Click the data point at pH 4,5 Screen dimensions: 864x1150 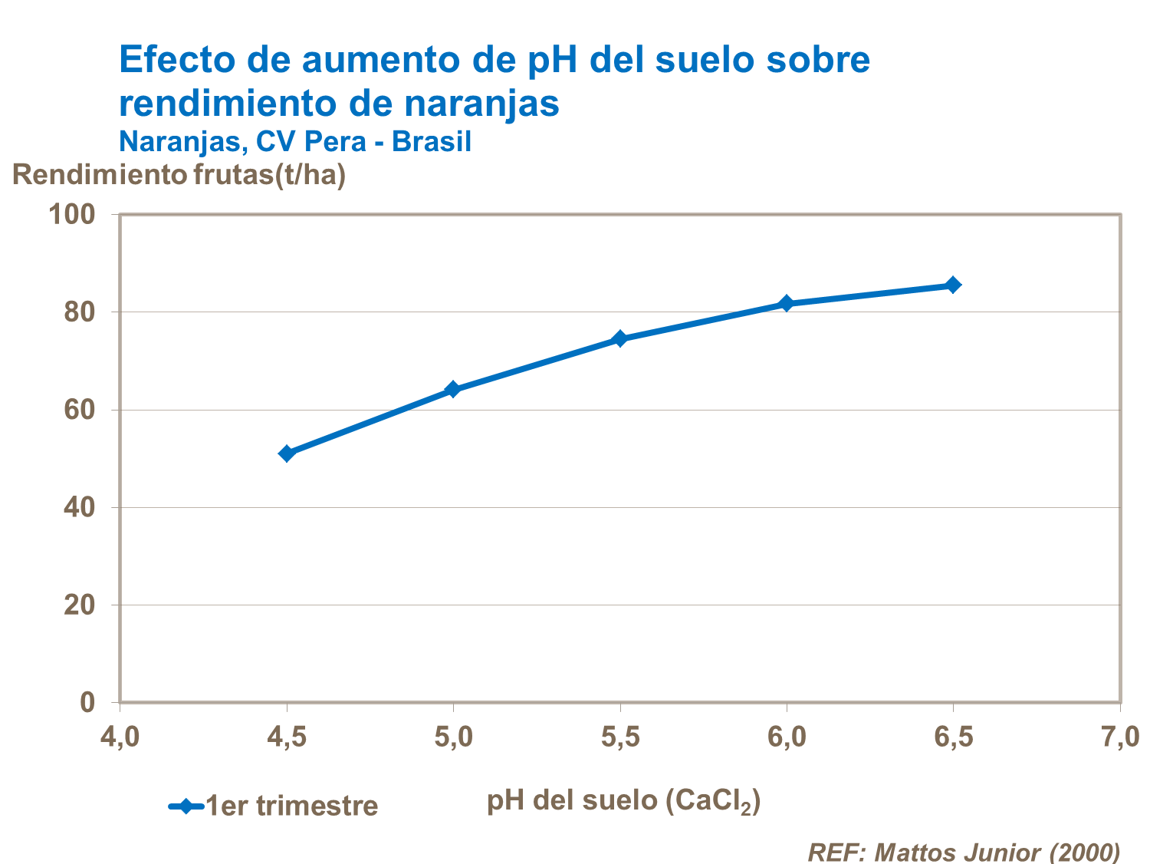tap(287, 453)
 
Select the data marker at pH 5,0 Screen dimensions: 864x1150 tap(452, 389)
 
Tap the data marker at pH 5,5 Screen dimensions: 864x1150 tap(619, 338)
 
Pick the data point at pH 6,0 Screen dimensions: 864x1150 tap(786, 303)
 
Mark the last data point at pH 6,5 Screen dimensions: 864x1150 tap(953, 285)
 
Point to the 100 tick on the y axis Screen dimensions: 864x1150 tap(72, 214)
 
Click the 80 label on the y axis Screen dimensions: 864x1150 tap(79, 312)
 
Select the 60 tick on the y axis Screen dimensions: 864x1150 tap(79, 410)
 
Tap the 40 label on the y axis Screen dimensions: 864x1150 tap(79, 507)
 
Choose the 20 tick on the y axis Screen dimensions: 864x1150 tap(79, 605)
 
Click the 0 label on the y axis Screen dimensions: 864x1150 tap(87, 702)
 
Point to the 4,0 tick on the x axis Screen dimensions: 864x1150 tap(120, 737)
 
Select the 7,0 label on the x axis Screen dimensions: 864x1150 tap(1120, 737)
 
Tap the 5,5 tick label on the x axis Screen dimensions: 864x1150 tap(620, 737)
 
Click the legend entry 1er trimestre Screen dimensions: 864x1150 tap(291, 806)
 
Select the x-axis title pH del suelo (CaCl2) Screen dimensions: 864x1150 tap(623, 800)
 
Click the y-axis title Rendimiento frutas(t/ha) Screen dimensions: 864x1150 tap(179, 175)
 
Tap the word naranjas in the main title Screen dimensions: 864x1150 tap(482, 103)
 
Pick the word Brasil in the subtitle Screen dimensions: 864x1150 tap(431, 142)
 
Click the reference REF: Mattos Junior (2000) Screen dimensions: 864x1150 tap(964, 852)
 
